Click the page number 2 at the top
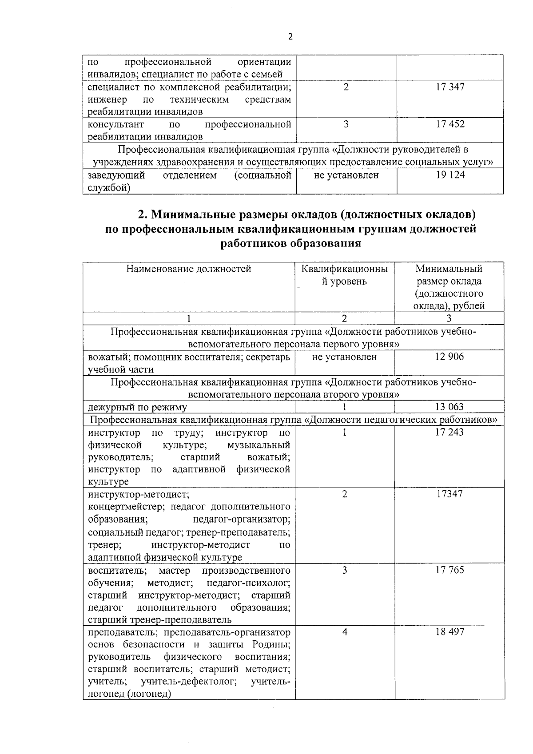pos(290,37)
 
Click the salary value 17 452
pos(450,124)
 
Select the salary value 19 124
pos(450,175)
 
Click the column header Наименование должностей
pos(189,269)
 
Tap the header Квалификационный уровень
pos(344,275)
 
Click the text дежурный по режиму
pos(138,407)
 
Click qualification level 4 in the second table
pos(345,632)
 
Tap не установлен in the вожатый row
pos(345,357)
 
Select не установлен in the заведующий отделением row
pos(346,175)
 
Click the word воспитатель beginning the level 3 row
pos(115,570)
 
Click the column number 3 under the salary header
pos(449,318)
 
